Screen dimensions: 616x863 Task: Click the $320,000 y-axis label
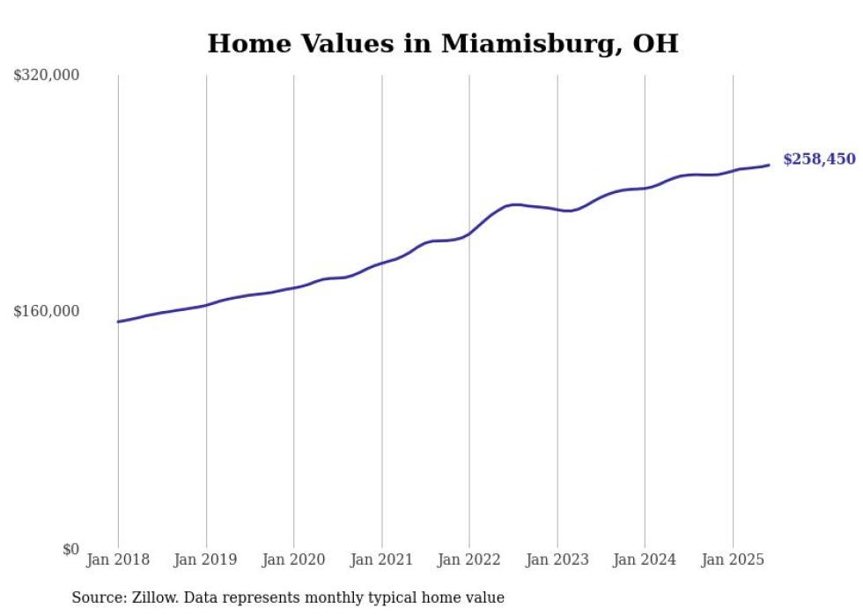tap(47, 75)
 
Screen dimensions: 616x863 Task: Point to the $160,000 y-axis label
tap(47, 311)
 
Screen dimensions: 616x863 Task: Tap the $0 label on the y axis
tap(70, 549)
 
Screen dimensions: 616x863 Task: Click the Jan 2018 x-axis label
tap(118, 560)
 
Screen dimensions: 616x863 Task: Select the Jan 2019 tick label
tap(206, 560)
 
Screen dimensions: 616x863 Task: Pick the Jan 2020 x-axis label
tap(294, 560)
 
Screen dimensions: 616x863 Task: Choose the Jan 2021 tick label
tap(381, 560)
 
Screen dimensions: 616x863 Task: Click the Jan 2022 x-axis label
tap(469, 560)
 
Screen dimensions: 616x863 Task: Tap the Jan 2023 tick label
tap(557, 560)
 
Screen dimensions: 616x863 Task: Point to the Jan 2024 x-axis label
tap(645, 560)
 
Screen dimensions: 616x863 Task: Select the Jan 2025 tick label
tap(732, 560)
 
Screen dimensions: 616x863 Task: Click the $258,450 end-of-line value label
tap(819, 160)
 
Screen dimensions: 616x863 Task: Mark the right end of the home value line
tap(769, 165)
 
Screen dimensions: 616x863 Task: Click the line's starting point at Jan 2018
tap(118, 322)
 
